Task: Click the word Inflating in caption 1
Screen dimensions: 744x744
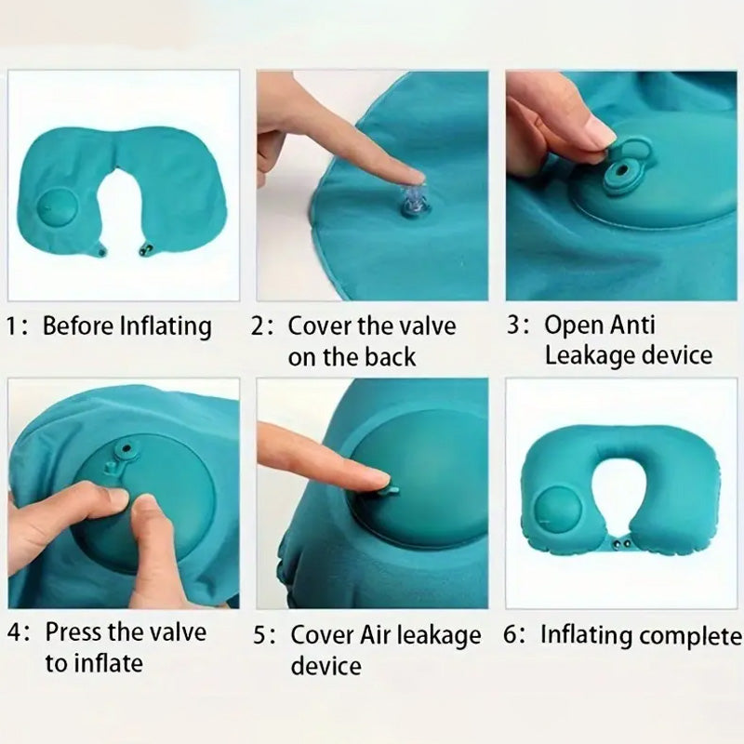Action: [166, 327]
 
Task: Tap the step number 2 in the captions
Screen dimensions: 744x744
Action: [259, 326]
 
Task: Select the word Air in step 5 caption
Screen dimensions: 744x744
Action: [375, 635]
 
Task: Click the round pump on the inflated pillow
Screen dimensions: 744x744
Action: [558, 512]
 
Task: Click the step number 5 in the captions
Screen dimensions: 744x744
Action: [260, 636]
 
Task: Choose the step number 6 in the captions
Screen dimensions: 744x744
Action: [510, 636]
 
